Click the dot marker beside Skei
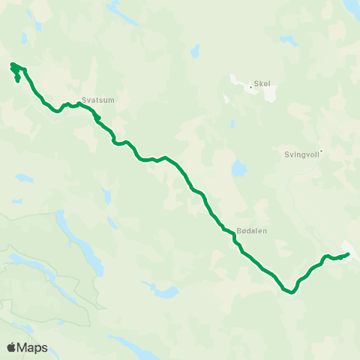click(x=251, y=87)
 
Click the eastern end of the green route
click(x=349, y=254)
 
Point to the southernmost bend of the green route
click(x=287, y=292)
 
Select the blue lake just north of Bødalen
click(x=238, y=168)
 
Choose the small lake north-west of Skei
click(x=195, y=51)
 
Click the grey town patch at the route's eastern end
click(x=349, y=248)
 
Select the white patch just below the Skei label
click(x=265, y=94)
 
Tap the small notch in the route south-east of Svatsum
click(x=97, y=118)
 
